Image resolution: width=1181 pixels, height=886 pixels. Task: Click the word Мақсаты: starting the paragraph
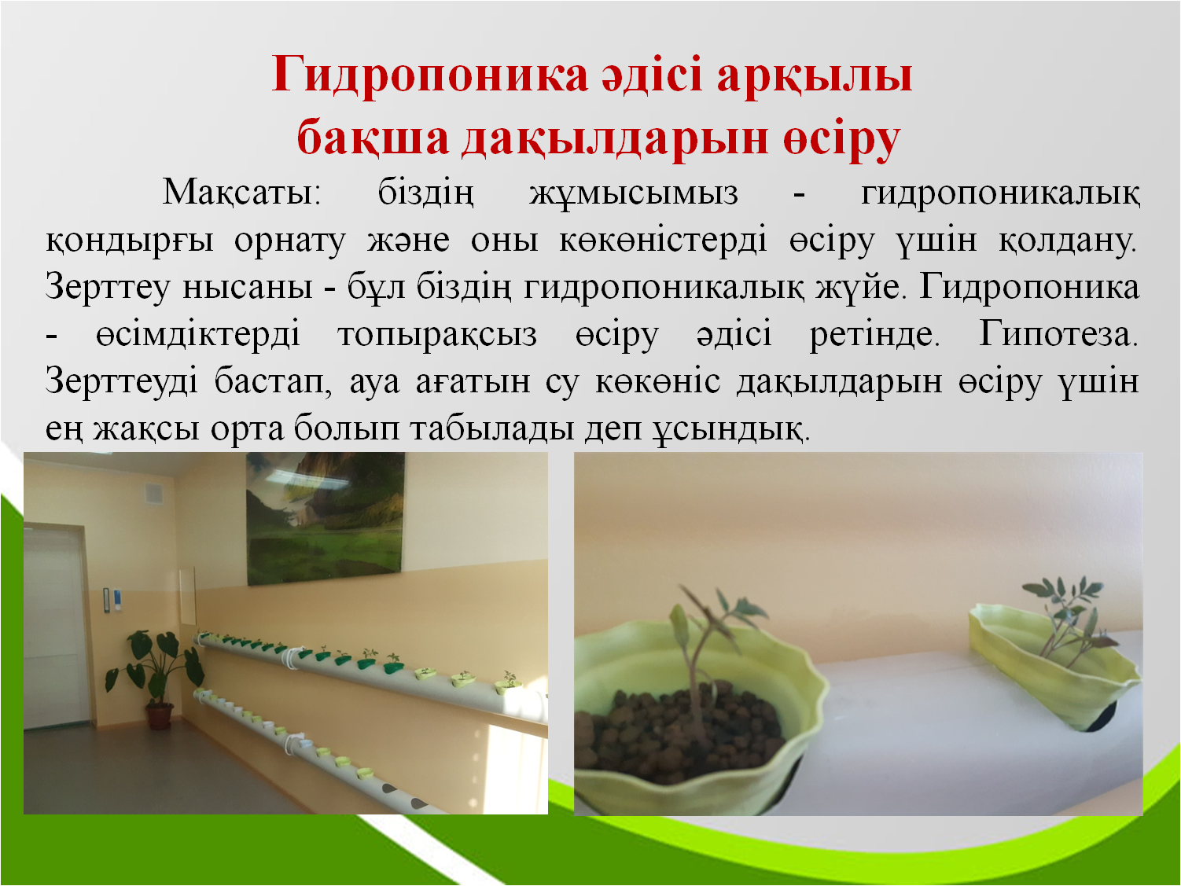241,192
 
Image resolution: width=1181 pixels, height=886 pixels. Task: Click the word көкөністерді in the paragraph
663,240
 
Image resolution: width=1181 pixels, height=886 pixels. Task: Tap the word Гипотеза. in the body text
1058,333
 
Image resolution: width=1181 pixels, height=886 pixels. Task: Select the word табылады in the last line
491,429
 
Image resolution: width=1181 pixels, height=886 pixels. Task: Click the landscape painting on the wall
325,518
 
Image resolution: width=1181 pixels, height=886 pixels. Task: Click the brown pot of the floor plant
160,716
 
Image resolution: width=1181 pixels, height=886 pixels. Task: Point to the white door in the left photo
56,627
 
